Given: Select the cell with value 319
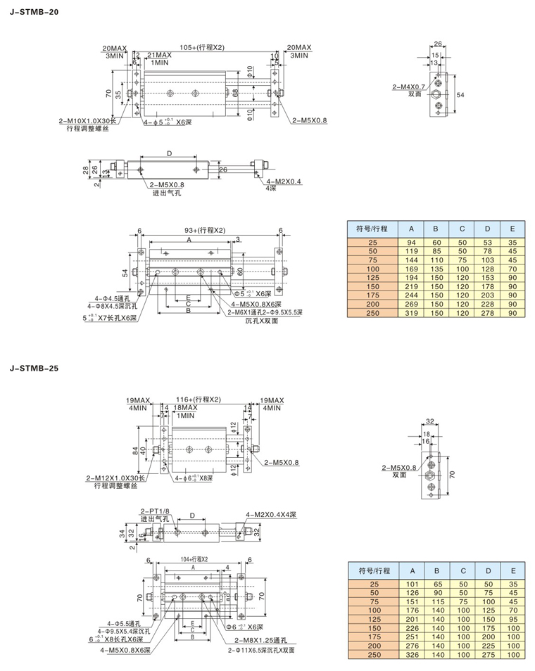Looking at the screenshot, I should pos(413,312).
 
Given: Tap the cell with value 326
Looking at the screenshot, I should pos(413,654).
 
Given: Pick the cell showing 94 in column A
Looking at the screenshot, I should pos(413,242).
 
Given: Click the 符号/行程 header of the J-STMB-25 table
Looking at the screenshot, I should pos(373,570).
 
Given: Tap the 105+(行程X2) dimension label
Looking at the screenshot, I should pos(201,47).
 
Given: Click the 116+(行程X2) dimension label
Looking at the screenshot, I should pos(199,400).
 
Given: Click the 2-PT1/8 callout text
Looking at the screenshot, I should pos(153,510).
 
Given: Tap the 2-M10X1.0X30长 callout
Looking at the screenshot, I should pos(87,122).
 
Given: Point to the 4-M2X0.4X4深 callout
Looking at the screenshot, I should pos(271,516).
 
